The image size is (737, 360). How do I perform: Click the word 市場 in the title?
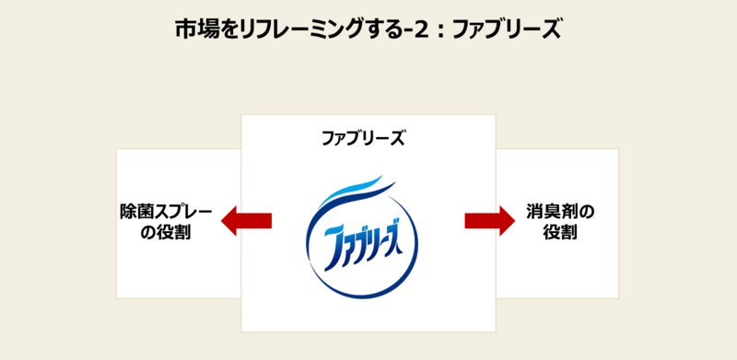[195, 29]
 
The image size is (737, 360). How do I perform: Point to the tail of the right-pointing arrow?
[467, 220]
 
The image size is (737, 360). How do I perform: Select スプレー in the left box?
[184, 211]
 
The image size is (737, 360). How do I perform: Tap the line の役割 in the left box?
[167, 233]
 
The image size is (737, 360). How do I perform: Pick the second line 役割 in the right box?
[559, 233]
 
